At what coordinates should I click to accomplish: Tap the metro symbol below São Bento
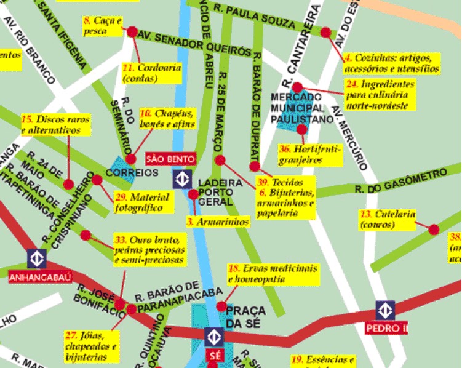click(x=182, y=178)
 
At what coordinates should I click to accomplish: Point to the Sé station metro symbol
click(x=213, y=337)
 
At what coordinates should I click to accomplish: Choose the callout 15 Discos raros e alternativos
click(x=55, y=124)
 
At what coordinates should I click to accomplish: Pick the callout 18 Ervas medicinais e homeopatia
click(x=273, y=274)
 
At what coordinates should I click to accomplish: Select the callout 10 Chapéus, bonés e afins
click(x=167, y=119)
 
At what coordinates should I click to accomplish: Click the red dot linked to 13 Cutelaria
click(x=434, y=230)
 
